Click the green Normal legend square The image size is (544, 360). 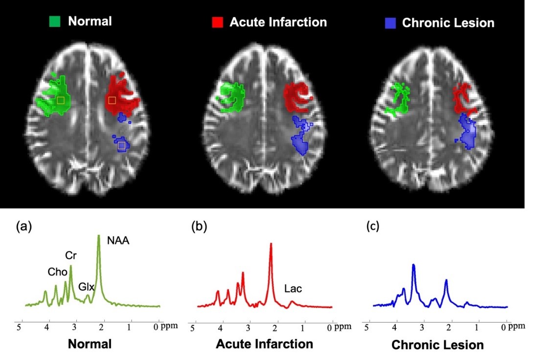(55, 22)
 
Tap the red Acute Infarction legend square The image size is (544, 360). (217, 22)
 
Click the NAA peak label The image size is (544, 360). (119, 240)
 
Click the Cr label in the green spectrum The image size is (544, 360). (70, 256)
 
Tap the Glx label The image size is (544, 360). (86, 287)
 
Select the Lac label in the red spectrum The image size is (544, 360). (293, 289)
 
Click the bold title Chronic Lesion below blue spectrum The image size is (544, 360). (437, 345)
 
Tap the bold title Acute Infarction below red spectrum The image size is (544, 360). (264, 344)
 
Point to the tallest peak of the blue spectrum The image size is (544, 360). (413, 265)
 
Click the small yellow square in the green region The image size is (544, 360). (60, 100)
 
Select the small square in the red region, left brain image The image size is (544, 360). (112, 100)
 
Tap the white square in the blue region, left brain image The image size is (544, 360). (121, 145)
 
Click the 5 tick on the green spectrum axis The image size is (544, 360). (20, 326)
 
